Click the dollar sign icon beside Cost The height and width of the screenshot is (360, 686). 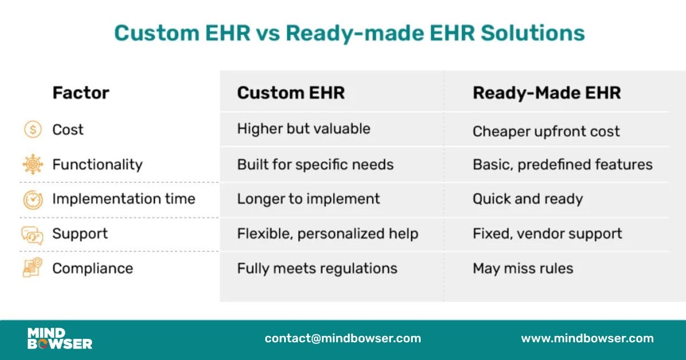[x=33, y=130]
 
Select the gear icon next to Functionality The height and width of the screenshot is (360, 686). [x=33, y=165]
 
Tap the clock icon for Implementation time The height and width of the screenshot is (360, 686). [x=33, y=199]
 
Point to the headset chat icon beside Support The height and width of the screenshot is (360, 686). [x=33, y=234]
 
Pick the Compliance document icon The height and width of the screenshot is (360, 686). [x=33, y=268]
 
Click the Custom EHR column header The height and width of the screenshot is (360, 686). [x=291, y=93]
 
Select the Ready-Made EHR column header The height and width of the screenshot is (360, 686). [x=547, y=93]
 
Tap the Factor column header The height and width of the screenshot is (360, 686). [x=81, y=93]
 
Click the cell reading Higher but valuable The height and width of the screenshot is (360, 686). [x=304, y=129]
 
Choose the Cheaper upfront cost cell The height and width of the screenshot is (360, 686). [x=546, y=131]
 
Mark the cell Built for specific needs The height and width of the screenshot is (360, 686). [x=315, y=165]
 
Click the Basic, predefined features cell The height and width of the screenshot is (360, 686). [x=563, y=165]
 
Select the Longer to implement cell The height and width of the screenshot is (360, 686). [x=308, y=199]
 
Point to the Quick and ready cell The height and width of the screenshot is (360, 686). [x=528, y=199]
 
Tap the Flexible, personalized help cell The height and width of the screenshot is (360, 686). [x=328, y=234]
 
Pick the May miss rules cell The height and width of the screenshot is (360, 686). [x=523, y=268]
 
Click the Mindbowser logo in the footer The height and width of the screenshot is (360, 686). [x=59, y=338]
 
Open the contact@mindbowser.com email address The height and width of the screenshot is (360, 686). [x=342, y=338]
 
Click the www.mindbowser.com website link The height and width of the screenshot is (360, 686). [x=587, y=338]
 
